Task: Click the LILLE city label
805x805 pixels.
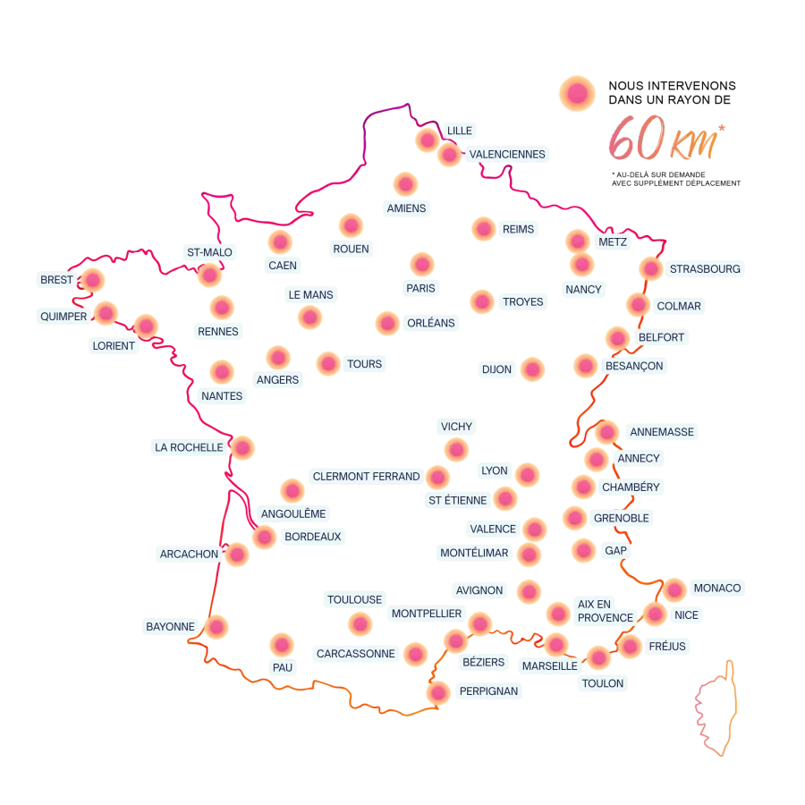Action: (x=459, y=131)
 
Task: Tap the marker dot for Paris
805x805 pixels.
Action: (x=421, y=264)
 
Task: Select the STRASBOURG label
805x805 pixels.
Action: (x=705, y=268)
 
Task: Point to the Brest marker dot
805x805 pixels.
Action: (x=93, y=280)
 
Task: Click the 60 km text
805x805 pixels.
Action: (x=666, y=140)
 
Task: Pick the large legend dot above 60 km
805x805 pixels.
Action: (x=578, y=93)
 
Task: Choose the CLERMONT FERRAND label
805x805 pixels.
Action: (x=366, y=477)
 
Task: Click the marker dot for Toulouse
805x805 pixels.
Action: (x=360, y=623)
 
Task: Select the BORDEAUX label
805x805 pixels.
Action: (x=312, y=538)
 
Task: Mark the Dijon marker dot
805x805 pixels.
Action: (x=532, y=369)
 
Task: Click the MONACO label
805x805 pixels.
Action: (x=717, y=588)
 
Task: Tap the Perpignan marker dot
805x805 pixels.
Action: (x=438, y=692)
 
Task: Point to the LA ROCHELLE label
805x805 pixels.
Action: (x=189, y=447)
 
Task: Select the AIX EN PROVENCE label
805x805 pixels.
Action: (x=606, y=611)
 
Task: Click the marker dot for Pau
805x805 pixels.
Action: (x=282, y=644)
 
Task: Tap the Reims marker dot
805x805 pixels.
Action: (x=483, y=230)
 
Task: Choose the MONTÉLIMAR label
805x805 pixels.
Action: (x=474, y=553)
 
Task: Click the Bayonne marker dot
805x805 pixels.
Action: (x=217, y=627)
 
